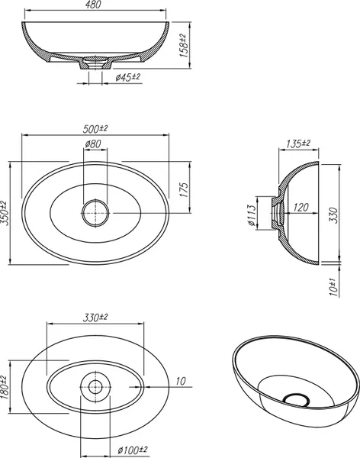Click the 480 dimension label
(x=94, y=5)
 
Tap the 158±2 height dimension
(x=183, y=45)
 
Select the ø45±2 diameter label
(x=128, y=77)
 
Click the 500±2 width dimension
(x=95, y=128)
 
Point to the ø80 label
(x=93, y=144)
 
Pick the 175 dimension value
(x=184, y=190)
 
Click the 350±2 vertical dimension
(x=5, y=213)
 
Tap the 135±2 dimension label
(x=297, y=144)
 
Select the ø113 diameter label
(x=252, y=216)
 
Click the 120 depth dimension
(x=301, y=208)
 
